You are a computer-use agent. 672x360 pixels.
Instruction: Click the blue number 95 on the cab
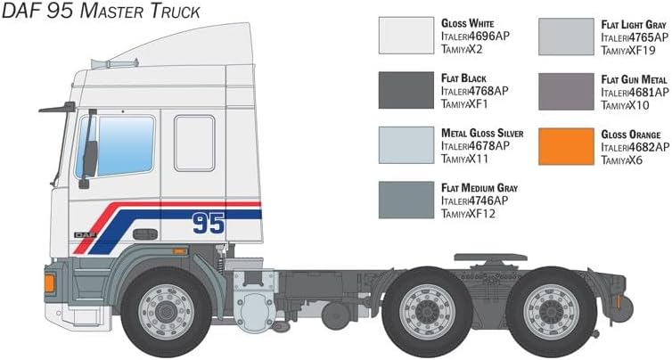(x=209, y=223)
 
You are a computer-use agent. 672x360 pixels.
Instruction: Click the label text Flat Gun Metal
(x=635, y=78)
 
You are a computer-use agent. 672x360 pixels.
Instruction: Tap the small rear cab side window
(x=193, y=143)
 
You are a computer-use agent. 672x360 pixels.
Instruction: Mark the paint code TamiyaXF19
(x=634, y=50)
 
